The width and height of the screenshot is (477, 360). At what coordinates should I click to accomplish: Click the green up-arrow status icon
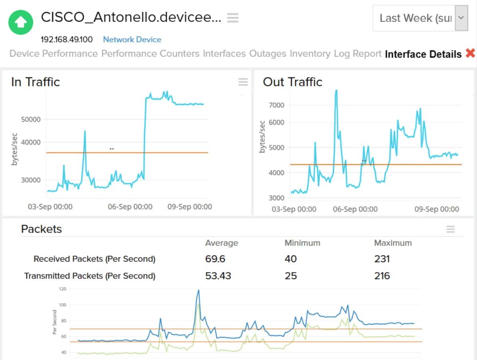pyautogui.click(x=21, y=22)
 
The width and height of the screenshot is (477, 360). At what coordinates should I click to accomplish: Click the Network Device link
pyautogui.click(x=132, y=40)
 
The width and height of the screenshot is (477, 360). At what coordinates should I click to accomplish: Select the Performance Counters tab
pyautogui.click(x=150, y=53)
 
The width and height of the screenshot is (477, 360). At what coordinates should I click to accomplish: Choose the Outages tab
pyautogui.click(x=268, y=53)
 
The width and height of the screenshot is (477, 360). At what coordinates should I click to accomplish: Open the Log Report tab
pyautogui.click(x=357, y=53)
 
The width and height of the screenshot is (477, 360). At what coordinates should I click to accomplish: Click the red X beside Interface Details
pyautogui.click(x=470, y=53)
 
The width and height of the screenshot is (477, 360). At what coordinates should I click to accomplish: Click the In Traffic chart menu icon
pyautogui.click(x=243, y=82)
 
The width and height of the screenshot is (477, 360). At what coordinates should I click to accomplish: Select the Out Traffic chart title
pyautogui.click(x=292, y=82)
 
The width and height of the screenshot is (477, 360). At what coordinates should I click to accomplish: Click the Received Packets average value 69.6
pyautogui.click(x=215, y=259)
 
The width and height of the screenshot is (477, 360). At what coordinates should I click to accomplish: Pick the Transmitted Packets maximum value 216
pyautogui.click(x=382, y=276)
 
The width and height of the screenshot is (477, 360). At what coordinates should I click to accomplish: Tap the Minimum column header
pyautogui.click(x=302, y=243)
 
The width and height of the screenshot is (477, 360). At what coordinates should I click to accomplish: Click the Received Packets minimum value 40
pyautogui.click(x=290, y=259)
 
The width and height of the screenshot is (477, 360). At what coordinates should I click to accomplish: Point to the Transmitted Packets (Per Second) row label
pyautogui.click(x=90, y=276)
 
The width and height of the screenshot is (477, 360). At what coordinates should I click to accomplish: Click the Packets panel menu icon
pyautogui.click(x=450, y=229)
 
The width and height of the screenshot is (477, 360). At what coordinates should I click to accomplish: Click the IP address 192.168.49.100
pyautogui.click(x=67, y=40)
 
